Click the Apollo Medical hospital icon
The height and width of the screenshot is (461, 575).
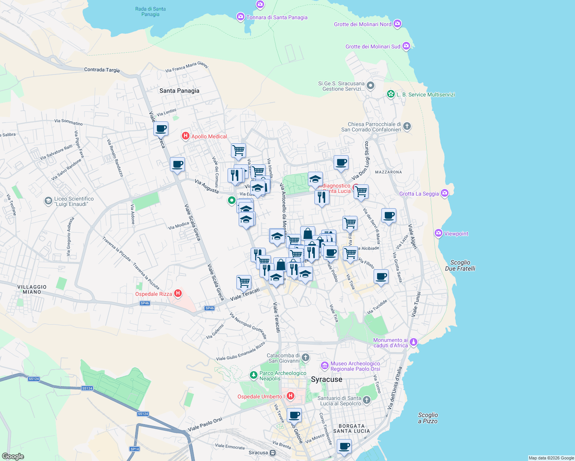(x=186, y=136)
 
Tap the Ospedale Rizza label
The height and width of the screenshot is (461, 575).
(x=154, y=294)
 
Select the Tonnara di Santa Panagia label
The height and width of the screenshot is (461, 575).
(x=277, y=17)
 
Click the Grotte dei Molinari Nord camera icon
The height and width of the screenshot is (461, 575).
(x=397, y=24)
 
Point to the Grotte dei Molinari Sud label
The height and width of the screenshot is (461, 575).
(x=373, y=46)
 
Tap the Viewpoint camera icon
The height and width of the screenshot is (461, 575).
(x=439, y=233)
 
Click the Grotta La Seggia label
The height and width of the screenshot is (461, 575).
(x=419, y=194)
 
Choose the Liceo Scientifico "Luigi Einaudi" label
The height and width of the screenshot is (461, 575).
(x=74, y=201)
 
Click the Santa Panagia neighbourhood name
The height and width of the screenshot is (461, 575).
(x=179, y=91)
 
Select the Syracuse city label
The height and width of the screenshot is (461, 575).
(x=326, y=380)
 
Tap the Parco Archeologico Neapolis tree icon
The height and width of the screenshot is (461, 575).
(x=253, y=375)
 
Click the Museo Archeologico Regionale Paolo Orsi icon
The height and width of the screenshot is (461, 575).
(x=325, y=365)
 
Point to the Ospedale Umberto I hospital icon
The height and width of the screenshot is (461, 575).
(x=291, y=396)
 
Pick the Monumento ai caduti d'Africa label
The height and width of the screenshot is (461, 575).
(x=391, y=343)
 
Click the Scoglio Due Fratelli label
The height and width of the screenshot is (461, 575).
(x=460, y=265)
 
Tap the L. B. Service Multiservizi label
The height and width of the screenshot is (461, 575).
(x=425, y=95)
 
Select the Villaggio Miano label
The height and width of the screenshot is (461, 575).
(x=32, y=289)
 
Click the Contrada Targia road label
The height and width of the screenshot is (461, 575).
(x=102, y=70)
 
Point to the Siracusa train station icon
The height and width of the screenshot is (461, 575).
(x=273, y=453)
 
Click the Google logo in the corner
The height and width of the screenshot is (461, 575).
(x=13, y=456)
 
